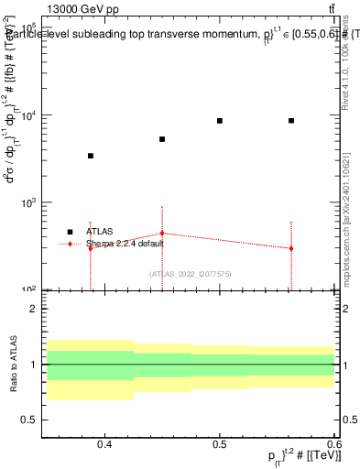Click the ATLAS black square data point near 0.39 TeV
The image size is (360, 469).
[90, 156]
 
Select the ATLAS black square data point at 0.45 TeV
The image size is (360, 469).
[162, 139]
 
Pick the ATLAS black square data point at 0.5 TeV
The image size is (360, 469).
[220, 121]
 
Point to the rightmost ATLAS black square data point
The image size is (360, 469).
[291, 121]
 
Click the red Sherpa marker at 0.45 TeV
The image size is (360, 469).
[162, 233]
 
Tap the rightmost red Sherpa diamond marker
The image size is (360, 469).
[291, 248]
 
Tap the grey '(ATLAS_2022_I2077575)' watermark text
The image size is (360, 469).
[190, 274]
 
